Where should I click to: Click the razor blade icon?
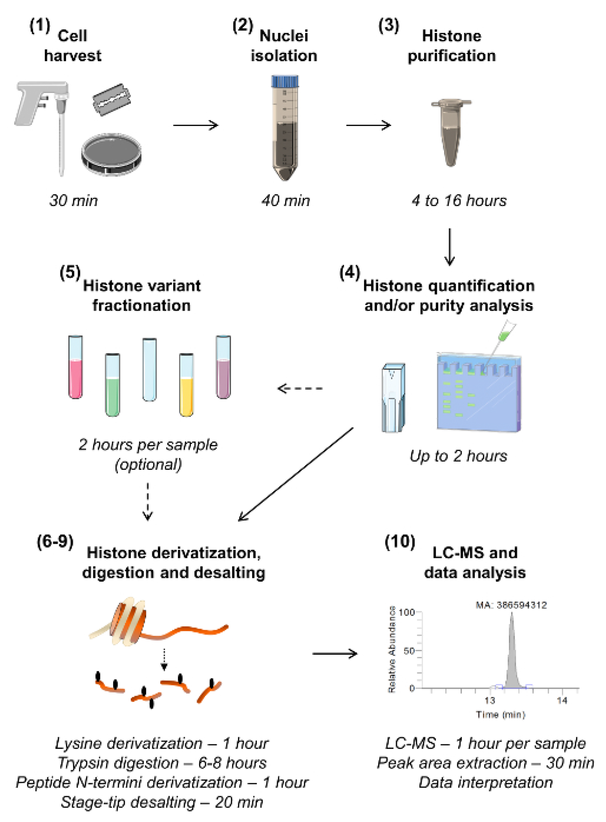click(x=115, y=99)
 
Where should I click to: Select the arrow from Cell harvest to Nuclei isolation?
click(x=196, y=125)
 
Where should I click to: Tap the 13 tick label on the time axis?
click(x=489, y=701)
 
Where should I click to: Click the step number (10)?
click(x=400, y=542)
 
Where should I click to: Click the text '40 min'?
click(x=285, y=201)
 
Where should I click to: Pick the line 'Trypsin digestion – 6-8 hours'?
click(x=162, y=763)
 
